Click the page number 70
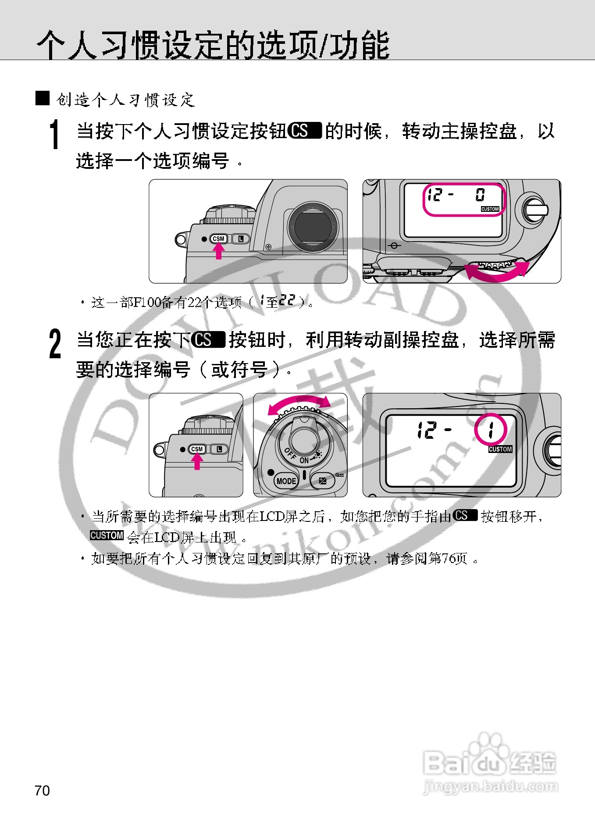point(42,791)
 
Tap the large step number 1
point(54,135)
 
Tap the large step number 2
point(55,344)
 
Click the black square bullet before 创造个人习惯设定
point(43,98)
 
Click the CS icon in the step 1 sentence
point(305,131)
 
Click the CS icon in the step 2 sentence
point(208,340)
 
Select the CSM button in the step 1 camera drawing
point(218,239)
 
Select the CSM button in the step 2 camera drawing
point(197,449)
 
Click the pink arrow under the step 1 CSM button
point(218,251)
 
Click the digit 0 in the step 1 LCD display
point(480,194)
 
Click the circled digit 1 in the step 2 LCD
point(491,429)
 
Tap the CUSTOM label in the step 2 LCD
point(500,449)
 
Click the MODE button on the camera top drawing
point(286,481)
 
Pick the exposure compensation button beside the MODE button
point(322,481)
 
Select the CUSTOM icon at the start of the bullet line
point(107,535)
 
